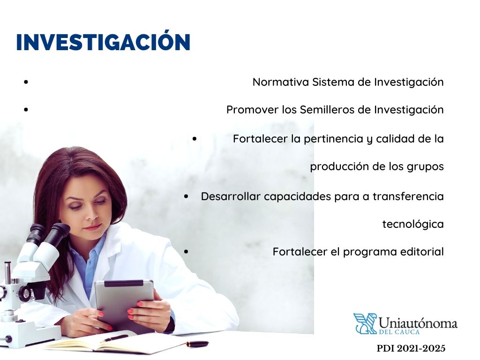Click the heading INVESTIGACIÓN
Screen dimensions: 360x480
click(103, 42)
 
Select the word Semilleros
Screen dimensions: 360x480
click(321, 110)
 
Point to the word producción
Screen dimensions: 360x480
click(336, 167)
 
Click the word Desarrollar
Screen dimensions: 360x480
click(231, 196)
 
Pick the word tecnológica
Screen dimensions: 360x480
click(413, 225)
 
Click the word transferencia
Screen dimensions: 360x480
click(408, 196)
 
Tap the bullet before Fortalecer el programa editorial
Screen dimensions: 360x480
click(187, 252)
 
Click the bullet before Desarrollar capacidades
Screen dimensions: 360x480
click(187, 196)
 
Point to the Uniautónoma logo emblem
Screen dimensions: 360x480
click(365, 323)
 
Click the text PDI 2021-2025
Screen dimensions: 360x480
click(411, 349)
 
